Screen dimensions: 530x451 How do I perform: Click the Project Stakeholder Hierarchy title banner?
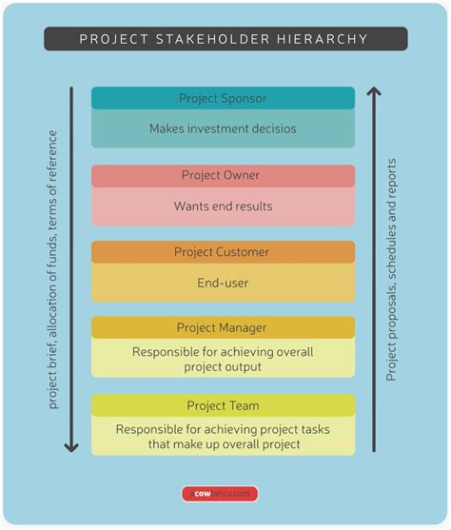point(225,39)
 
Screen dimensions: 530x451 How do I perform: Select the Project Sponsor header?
point(223,98)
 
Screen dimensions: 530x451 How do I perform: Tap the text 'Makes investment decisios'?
point(223,128)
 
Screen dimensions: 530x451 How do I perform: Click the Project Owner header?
point(223,175)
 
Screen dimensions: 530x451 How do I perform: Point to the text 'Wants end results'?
point(223,206)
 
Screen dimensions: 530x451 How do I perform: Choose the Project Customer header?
point(223,252)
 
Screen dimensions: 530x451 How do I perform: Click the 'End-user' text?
point(223,283)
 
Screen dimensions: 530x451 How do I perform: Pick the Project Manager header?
point(223,328)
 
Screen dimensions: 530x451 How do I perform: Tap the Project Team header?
point(223,405)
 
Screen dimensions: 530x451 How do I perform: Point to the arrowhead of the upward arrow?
point(374,93)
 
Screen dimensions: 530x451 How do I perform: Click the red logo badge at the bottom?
point(221,494)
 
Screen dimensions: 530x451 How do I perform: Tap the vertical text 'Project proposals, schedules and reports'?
point(391,269)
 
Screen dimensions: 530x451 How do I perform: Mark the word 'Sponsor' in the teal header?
point(243,98)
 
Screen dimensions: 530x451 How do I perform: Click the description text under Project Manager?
point(223,359)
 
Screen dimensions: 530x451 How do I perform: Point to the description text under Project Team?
point(223,436)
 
